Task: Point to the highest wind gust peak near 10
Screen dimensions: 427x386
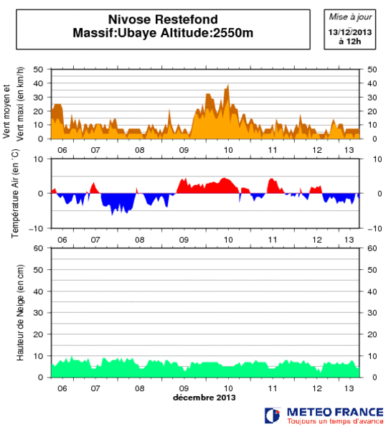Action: [x=228, y=85]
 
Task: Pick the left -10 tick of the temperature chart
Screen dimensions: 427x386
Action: [x=39, y=228]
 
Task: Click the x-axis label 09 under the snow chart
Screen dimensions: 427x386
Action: [x=184, y=388]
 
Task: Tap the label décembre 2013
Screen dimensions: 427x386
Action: [x=204, y=397]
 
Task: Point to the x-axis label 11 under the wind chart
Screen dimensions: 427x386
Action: [x=273, y=149]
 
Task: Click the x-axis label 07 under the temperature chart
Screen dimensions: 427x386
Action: [x=95, y=239]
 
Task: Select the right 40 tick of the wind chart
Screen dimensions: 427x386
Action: [x=372, y=83]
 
